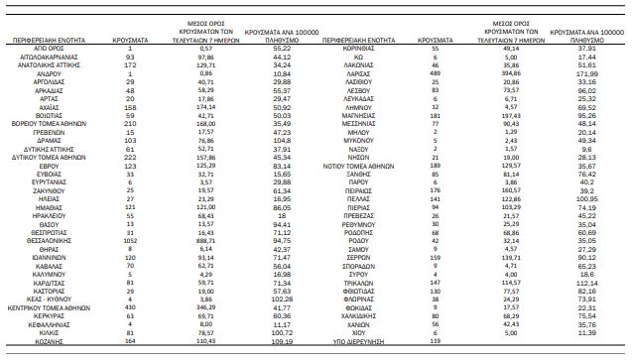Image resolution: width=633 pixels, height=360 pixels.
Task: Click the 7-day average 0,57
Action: coord(206,48)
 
